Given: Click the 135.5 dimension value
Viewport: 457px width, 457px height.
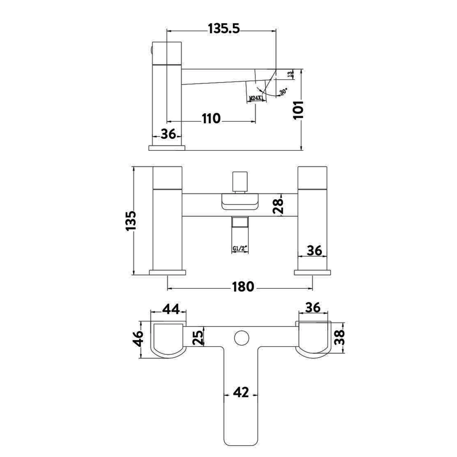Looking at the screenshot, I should point(224,29).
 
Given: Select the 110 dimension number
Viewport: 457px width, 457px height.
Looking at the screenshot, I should point(211,119).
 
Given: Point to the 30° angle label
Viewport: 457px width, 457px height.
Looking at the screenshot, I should point(283,91).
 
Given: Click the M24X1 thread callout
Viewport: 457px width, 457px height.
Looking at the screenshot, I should point(256,98).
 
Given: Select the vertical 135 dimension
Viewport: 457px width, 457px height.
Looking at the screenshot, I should point(131,221).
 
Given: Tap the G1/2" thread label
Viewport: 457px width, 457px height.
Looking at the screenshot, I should point(239,249).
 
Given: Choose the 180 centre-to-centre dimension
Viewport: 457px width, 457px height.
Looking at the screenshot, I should point(243,286).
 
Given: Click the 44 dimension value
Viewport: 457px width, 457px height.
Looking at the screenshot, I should point(171,309).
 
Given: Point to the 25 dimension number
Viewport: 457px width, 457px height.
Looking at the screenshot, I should point(198,337).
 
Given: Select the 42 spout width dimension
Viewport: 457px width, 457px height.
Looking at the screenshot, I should point(241,393).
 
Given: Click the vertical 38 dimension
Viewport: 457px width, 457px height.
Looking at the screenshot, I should point(339,337).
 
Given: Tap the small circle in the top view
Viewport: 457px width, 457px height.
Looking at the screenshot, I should point(242,338).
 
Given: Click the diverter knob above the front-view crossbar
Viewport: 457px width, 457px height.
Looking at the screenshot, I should point(239,181).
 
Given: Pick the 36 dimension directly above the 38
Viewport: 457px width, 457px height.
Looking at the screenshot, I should point(313,308).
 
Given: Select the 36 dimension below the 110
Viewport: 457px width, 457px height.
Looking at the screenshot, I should point(168,134).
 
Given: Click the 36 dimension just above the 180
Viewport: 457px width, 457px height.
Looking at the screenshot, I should point(314,250).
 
